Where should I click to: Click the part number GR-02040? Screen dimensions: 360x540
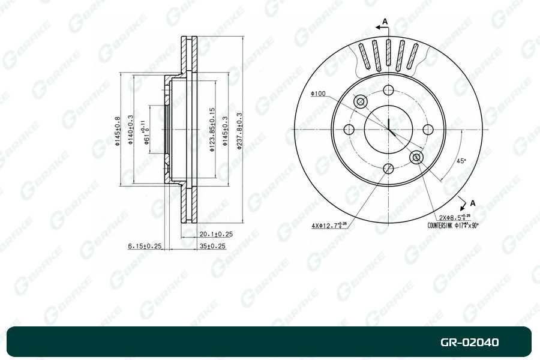pos(469,343)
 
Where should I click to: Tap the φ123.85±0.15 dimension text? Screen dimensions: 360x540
pos(212,130)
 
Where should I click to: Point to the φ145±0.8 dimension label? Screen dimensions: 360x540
pos(118,131)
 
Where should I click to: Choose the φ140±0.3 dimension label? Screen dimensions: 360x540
pos(131,131)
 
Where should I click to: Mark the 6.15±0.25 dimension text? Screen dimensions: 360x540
pos(145,245)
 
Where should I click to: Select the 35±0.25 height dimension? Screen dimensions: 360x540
pos(212,245)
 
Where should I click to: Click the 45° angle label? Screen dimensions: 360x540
pos(461,161)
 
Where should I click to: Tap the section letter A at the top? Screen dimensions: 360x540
pos(385,22)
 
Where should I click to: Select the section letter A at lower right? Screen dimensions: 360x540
pos(473,203)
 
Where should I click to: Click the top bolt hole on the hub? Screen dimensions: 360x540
pos(388,91)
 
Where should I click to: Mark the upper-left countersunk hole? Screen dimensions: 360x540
pos(361,102)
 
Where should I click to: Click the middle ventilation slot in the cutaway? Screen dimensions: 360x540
pos(389,55)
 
